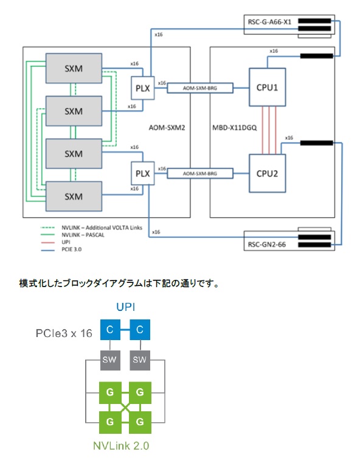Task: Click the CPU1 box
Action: (x=267, y=88)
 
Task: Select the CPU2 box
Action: (x=267, y=173)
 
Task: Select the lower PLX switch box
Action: (x=143, y=173)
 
